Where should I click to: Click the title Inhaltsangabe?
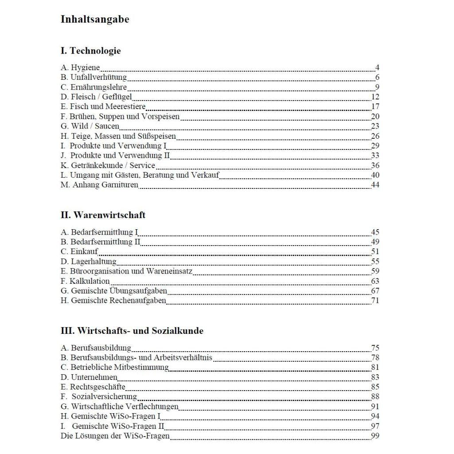(95, 20)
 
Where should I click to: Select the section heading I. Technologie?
(90, 51)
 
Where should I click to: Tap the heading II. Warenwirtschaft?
(103, 215)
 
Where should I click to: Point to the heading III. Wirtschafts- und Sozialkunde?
(132, 331)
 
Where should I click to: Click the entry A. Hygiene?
(80, 68)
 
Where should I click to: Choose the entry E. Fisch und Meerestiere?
(103, 106)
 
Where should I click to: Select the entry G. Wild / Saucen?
(90, 126)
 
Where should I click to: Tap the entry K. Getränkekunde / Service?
(108, 165)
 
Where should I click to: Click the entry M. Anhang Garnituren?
(99, 185)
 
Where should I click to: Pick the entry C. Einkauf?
(79, 252)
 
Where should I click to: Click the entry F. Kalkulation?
(85, 281)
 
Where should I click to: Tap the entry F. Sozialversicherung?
(99, 396)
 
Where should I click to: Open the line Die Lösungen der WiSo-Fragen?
(115, 435)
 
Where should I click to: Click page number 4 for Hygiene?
(377, 68)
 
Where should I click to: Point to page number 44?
(375, 185)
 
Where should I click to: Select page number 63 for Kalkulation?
(375, 281)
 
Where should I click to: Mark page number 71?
(375, 301)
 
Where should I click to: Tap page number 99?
(375, 435)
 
